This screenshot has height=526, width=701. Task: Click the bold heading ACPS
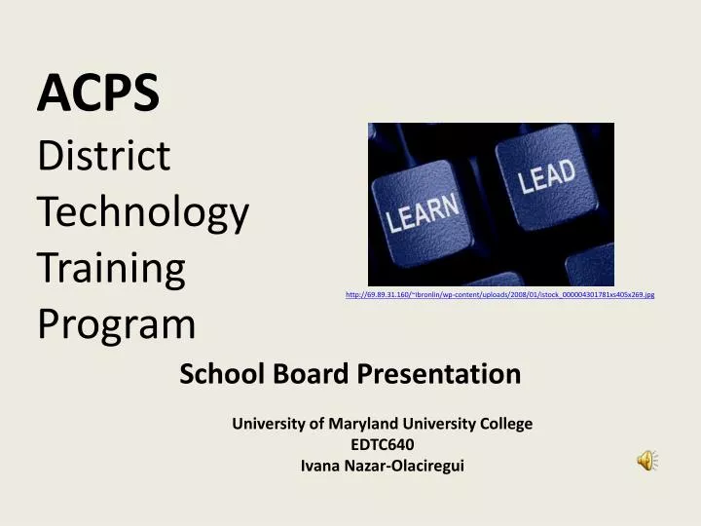point(97,94)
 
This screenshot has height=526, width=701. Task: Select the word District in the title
point(103,156)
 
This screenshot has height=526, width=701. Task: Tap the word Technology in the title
point(143,212)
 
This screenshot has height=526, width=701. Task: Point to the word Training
point(111,269)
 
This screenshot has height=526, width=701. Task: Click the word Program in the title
point(116,324)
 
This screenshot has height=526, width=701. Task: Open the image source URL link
point(499,294)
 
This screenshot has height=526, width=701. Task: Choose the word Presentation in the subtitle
point(438,373)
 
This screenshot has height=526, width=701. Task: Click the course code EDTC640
point(382,445)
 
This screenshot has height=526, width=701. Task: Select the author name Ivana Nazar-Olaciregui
point(382,466)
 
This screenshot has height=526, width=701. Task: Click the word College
point(505,424)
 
